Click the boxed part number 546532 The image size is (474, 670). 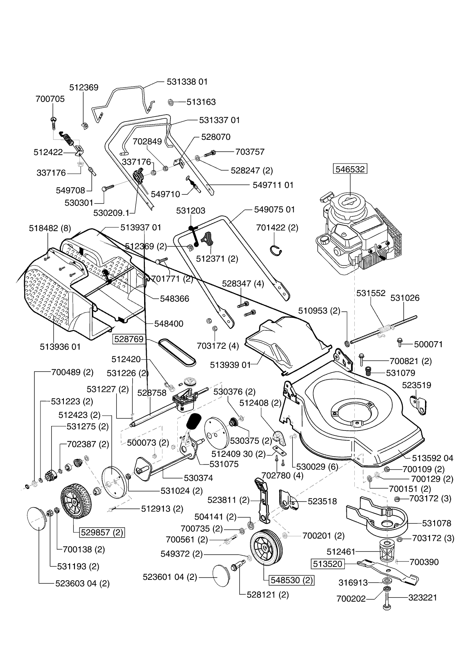pyautogui.click(x=350, y=168)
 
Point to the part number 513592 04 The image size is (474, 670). pyautogui.click(x=432, y=458)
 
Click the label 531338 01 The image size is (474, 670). pyautogui.click(x=187, y=82)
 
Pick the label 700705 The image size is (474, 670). pyautogui.click(x=50, y=99)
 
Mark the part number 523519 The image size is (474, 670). pyautogui.click(x=416, y=385)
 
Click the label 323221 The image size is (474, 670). pyautogui.click(x=422, y=598)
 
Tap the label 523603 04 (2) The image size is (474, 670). pyautogui.click(x=82, y=583)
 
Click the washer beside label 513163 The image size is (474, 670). pyautogui.click(x=171, y=102)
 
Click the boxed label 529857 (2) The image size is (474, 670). pyautogui.click(x=102, y=532)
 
